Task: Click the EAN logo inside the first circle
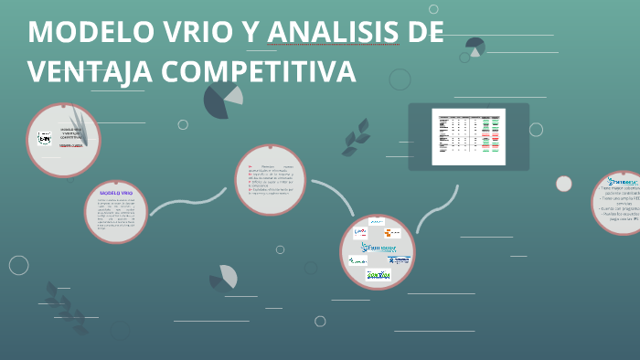tap(44, 138)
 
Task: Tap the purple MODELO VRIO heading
tap(116, 194)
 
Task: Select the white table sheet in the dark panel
tap(468, 136)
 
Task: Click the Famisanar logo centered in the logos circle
tap(378, 247)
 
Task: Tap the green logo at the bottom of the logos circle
tap(378, 274)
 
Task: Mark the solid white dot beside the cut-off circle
tap(564, 184)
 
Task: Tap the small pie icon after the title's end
tap(475, 47)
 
